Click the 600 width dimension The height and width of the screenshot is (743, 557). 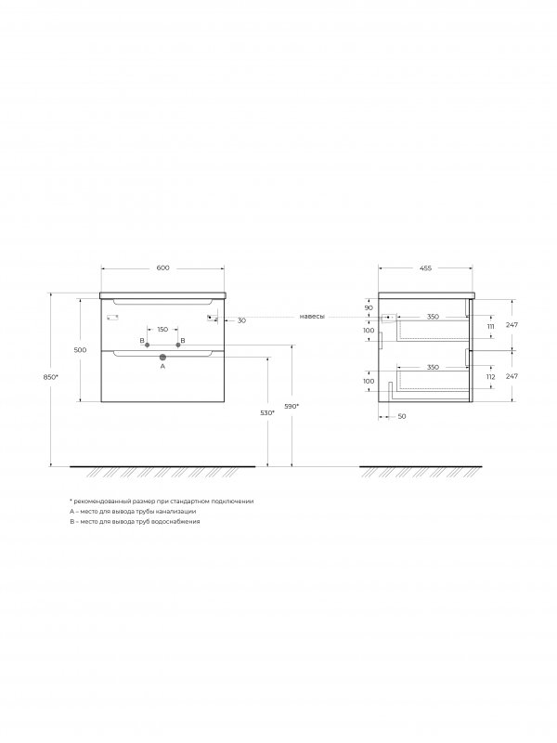click(162, 267)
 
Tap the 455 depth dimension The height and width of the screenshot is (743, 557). click(425, 267)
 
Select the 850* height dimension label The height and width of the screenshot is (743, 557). click(50, 377)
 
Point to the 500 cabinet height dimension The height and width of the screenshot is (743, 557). click(80, 350)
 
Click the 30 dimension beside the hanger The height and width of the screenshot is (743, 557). click(241, 320)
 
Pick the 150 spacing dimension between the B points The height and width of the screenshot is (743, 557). click(162, 330)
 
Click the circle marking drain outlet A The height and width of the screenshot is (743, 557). click(162, 358)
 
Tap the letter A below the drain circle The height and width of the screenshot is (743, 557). click(162, 366)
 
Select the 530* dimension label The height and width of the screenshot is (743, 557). click(267, 412)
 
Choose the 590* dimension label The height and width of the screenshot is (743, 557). click(291, 406)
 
